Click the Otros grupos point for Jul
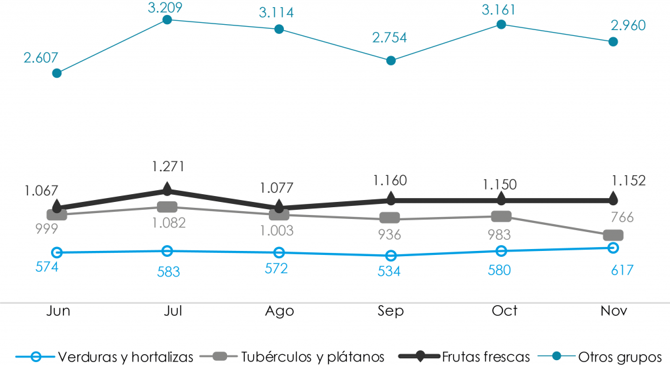tap(167, 20)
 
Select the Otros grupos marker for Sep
tap(391, 61)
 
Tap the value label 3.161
tap(501, 8)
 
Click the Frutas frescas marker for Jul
tap(167, 190)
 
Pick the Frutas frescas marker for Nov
tap(613, 198)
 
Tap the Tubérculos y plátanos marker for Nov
tap(613, 235)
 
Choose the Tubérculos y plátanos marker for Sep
tap(391, 218)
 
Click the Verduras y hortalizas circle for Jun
tap(57, 252)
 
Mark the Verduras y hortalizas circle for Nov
tap(613, 248)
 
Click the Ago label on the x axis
tap(279, 310)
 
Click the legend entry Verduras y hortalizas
tap(125, 356)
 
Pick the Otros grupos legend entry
tap(619, 356)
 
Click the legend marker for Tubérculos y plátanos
tap(220, 356)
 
